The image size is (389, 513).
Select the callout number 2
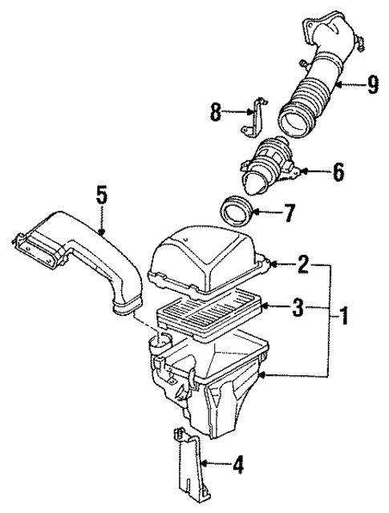click(x=304, y=262)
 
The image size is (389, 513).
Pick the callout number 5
click(x=100, y=195)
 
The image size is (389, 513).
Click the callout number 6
click(x=338, y=171)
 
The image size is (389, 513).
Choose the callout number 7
click(x=288, y=214)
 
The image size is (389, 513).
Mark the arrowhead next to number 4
click(x=205, y=463)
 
